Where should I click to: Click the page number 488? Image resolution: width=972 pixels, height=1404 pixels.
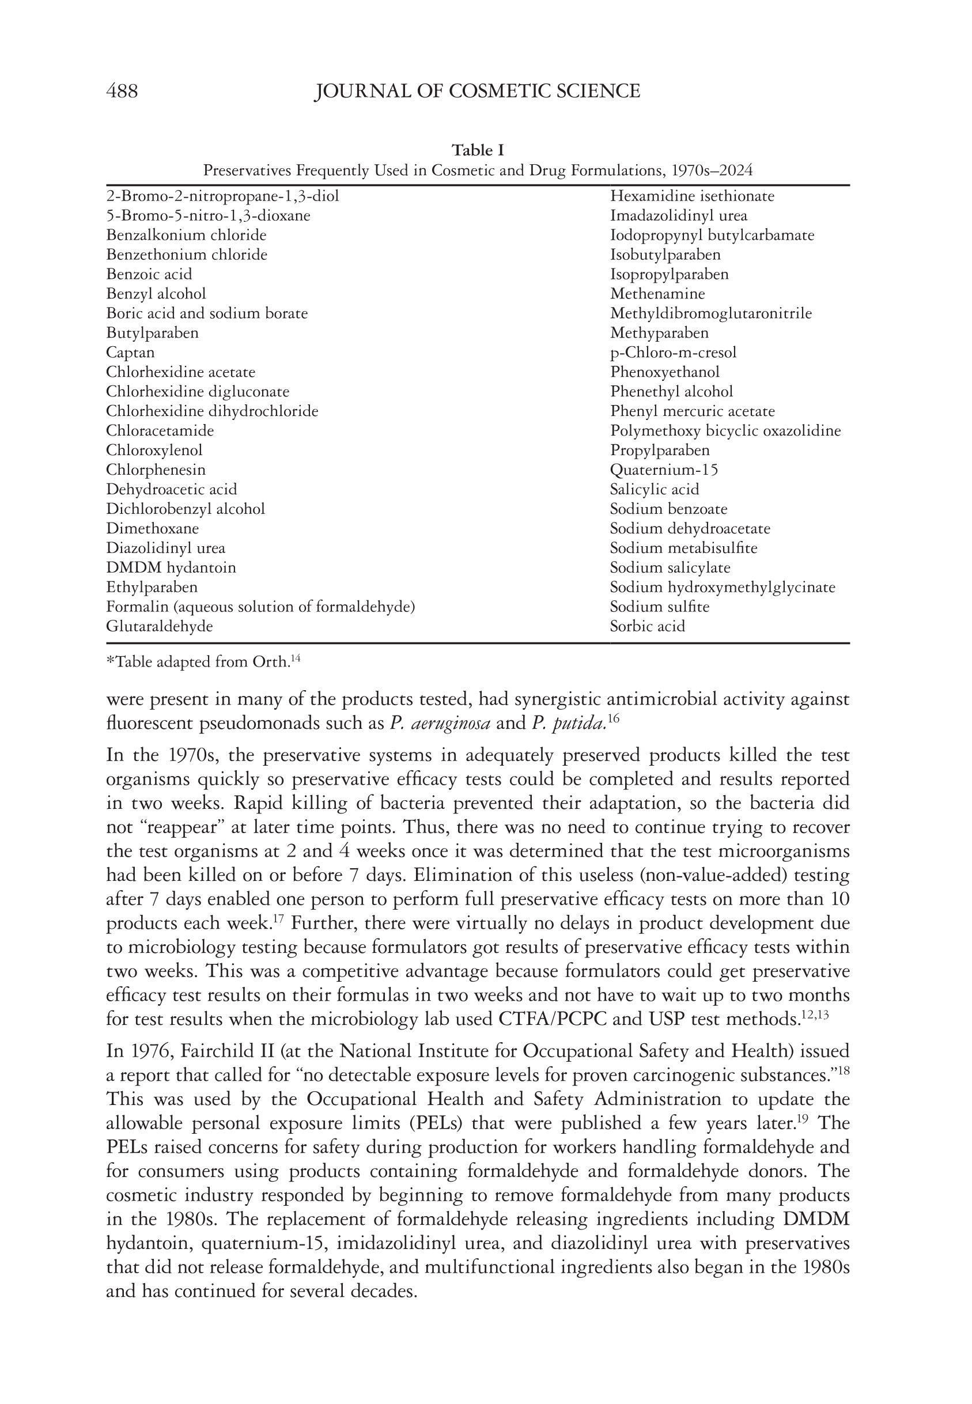click(x=122, y=92)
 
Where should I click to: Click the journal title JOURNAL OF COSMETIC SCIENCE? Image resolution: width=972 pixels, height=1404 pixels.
click(x=477, y=92)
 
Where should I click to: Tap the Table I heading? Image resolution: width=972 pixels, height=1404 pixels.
click(x=478, y=150)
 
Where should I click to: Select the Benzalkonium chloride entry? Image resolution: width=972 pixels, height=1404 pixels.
click(x=186, y=235)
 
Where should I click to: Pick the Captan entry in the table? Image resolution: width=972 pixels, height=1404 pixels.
click(x=130, y=353)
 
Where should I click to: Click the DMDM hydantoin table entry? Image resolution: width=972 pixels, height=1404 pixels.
click(x=171, y=567)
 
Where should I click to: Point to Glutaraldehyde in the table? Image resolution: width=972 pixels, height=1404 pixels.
click(x=160, y=626)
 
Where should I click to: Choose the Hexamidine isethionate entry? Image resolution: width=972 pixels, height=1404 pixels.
click(x=692, y=196)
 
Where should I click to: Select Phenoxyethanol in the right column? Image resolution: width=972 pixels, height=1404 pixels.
click(x=664, y=372)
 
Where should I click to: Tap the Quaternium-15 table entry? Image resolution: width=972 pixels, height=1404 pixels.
click(x=664, y=470)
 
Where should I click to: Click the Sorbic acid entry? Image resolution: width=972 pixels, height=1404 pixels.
click(x=648, y=626)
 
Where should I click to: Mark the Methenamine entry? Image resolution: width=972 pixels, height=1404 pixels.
click(x=657, y=293)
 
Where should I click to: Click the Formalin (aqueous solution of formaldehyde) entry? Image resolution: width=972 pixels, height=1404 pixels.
click(x=260, y=607)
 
